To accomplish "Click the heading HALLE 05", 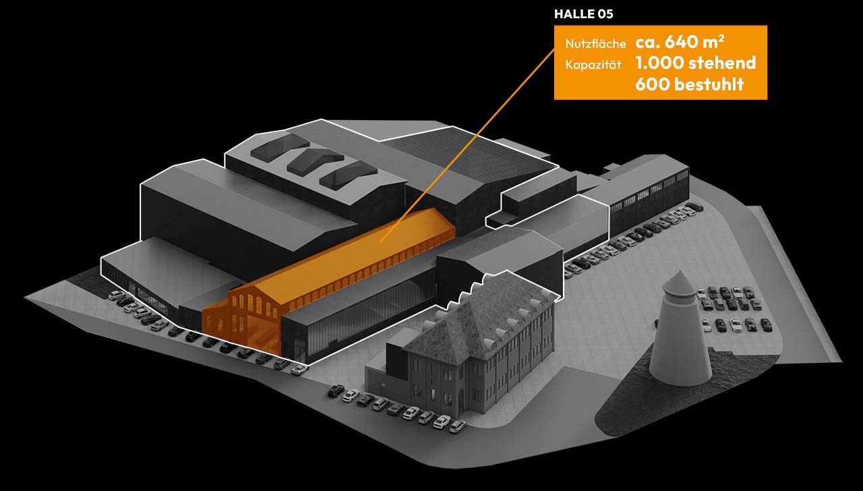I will click(x=583, y=14).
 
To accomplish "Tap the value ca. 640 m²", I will click(x=680, y=42).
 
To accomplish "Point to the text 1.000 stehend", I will click(x=695, y=63).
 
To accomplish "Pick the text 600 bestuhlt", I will click(x=689, y=84).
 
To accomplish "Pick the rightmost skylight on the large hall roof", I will click(x=347, y=175).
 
